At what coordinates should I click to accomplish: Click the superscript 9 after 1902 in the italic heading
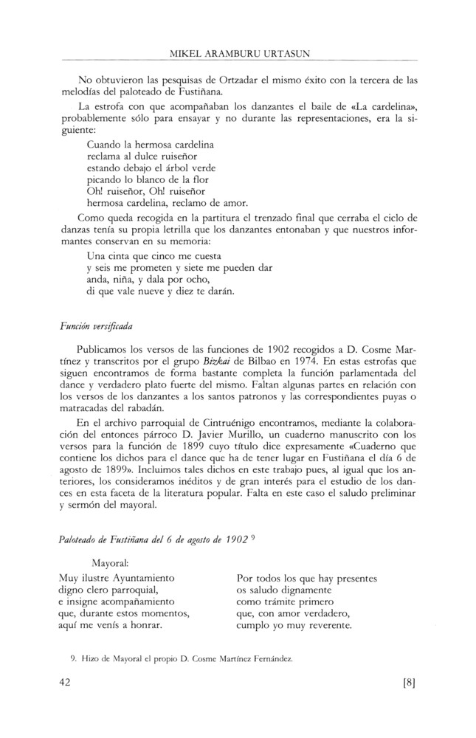click(252, 539)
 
